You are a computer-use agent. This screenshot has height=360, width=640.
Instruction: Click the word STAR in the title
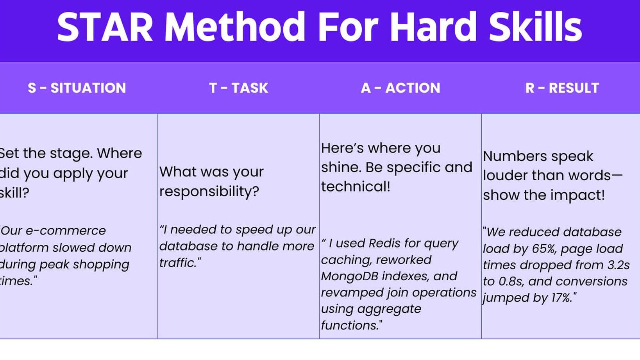tap(105, 27)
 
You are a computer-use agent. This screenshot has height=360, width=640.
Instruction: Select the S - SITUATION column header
tap(77, 88)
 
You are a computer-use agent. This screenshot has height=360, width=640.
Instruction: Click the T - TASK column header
tap(239, 88)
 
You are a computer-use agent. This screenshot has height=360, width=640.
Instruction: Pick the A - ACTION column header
tap(400, 88)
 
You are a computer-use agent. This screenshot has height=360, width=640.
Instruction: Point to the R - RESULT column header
tap(562, 88)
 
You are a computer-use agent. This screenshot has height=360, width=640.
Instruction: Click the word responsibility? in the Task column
tap(209, 191)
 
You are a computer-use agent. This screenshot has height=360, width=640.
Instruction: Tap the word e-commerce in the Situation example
tap(66, 231)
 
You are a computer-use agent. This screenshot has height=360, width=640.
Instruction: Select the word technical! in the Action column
tap(356, 187)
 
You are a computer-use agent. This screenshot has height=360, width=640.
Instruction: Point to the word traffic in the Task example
tap(177, 263)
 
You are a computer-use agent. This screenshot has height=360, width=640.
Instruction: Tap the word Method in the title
tap(235, 27)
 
